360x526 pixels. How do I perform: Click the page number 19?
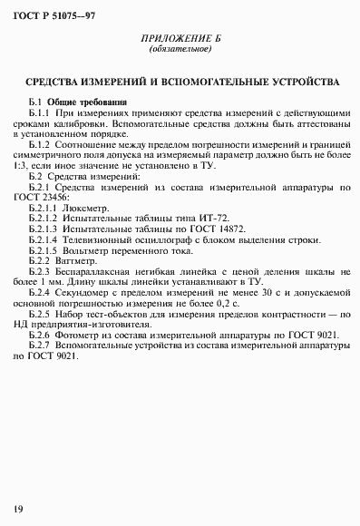click(x=17, y=507)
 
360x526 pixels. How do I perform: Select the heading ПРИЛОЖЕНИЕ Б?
click(x=180, y=42)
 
